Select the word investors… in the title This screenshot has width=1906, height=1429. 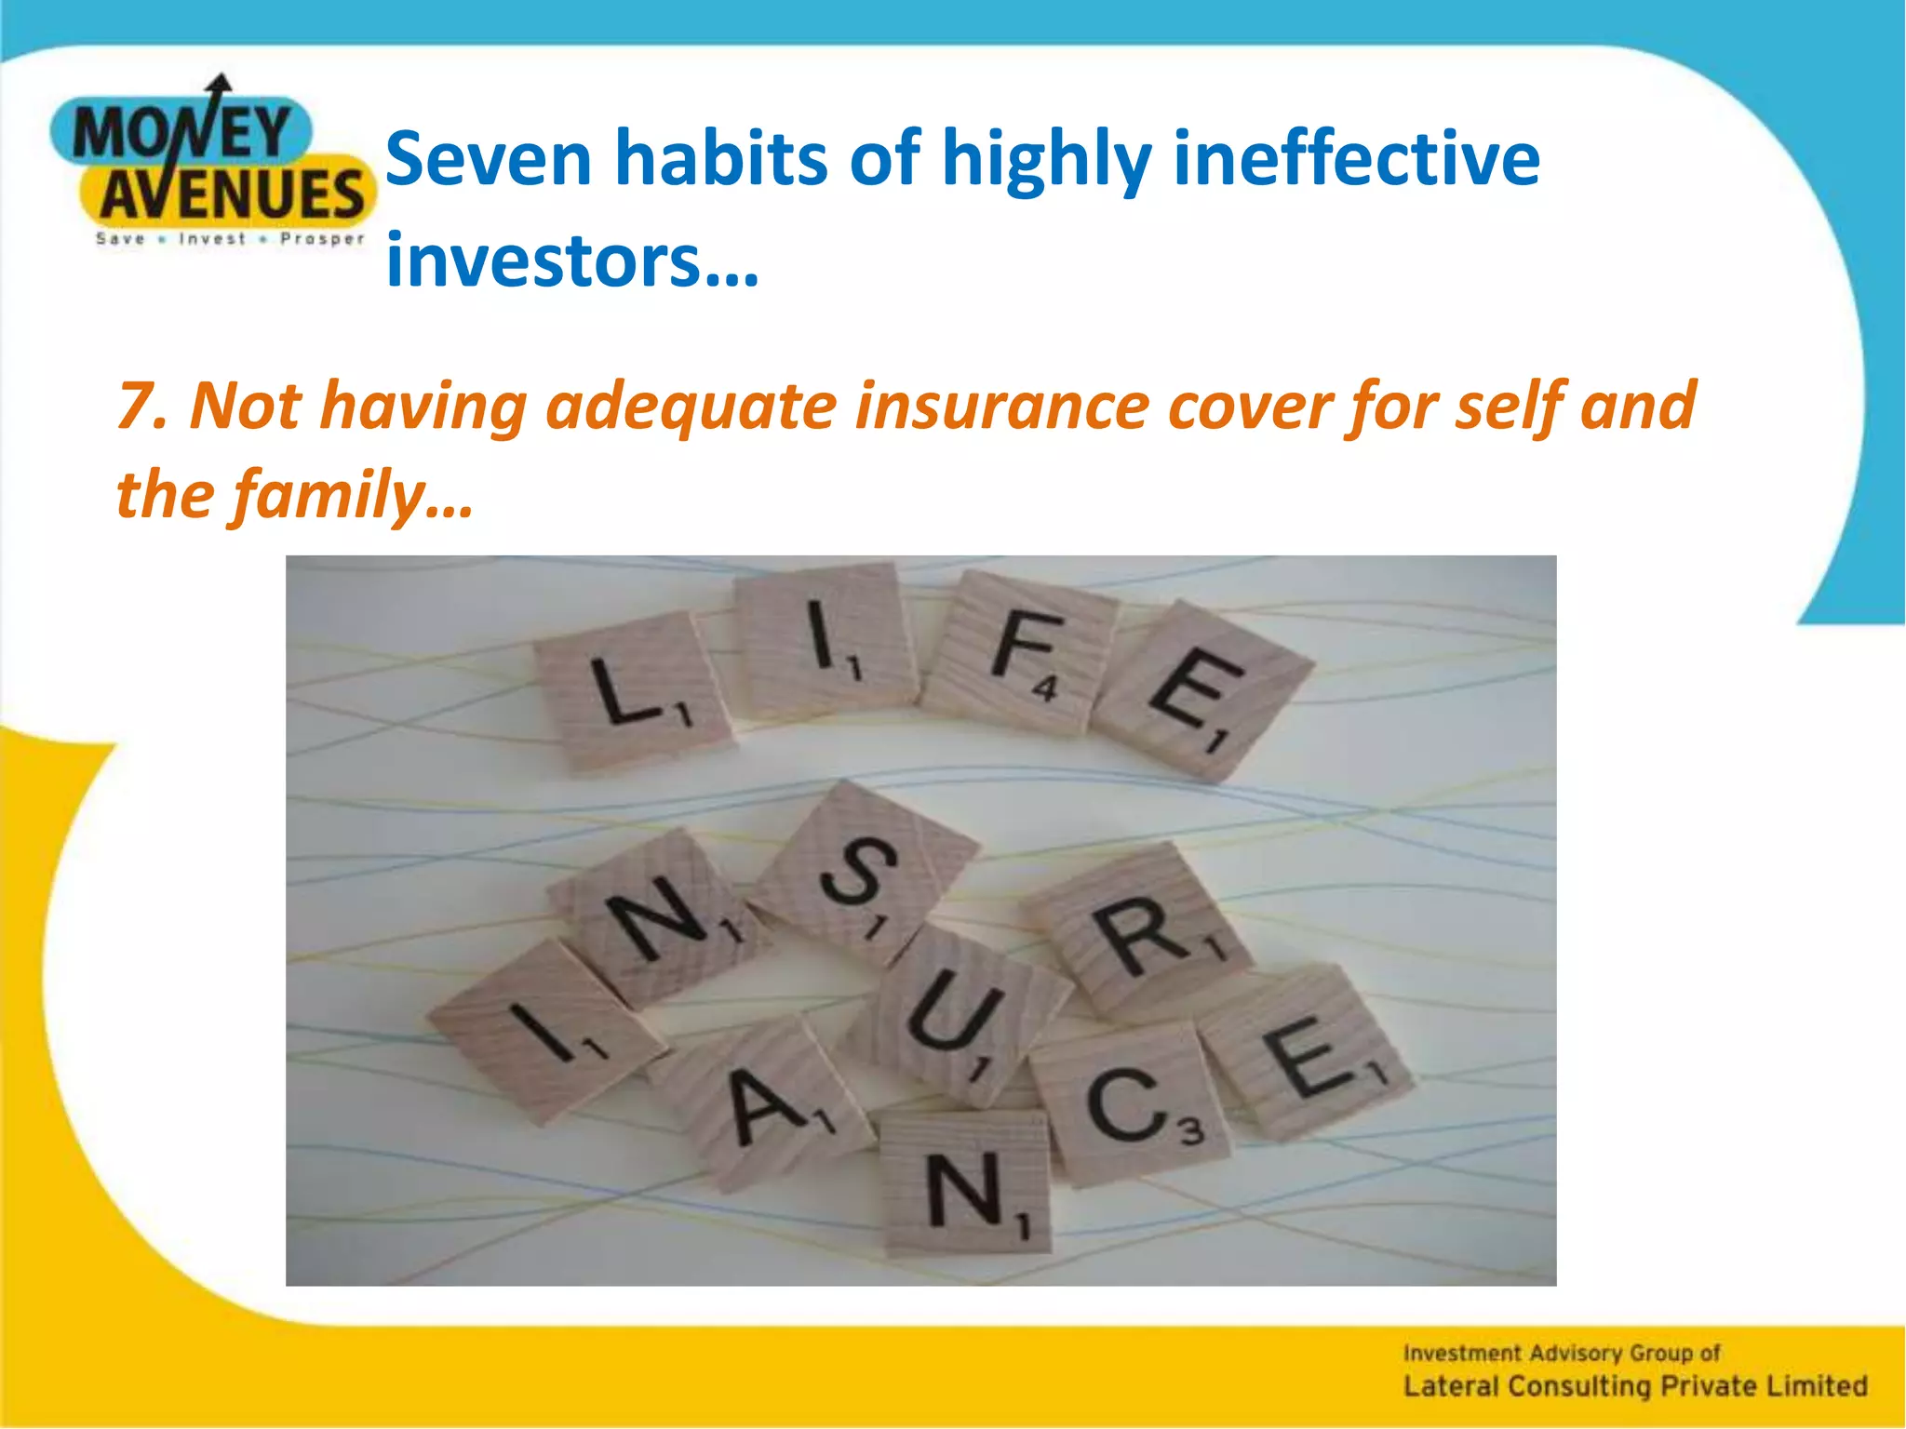tap(572, 260)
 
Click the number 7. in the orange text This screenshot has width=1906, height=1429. tap(141, 407)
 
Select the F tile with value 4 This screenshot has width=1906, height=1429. tap(1022, 651)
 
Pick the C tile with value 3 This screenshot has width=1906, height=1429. tap(1128, 1105)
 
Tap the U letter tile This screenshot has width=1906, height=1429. tap(959, 1019)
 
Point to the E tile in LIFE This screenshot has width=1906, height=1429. tap(1201, 688)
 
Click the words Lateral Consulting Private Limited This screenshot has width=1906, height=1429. tap(1634, 1386)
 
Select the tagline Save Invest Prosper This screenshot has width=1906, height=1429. tap(230, 239)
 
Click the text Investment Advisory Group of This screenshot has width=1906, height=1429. tap(1561, 1352)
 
